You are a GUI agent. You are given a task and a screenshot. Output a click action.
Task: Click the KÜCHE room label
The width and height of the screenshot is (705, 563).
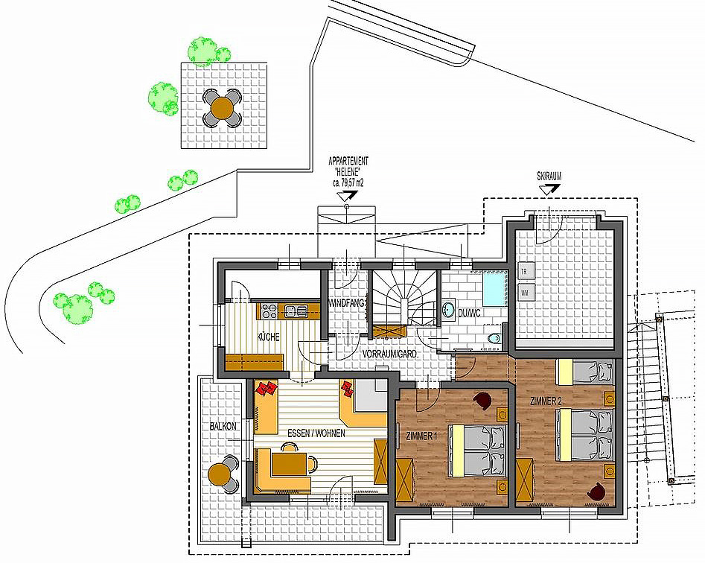pos(268,337)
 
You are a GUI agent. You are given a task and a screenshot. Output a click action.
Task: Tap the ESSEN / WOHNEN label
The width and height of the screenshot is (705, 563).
pos(316,433)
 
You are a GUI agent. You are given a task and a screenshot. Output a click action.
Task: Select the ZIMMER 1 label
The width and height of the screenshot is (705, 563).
pos(421,436)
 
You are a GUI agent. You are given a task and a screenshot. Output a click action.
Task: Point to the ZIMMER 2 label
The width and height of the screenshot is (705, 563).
pos(546,401)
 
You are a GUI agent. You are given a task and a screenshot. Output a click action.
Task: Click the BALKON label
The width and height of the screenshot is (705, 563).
pos(223,426)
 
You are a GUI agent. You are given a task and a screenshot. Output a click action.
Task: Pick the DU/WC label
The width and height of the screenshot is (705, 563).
pos(469,313)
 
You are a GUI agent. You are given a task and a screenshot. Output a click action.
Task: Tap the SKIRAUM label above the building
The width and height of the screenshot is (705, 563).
pos(549,176)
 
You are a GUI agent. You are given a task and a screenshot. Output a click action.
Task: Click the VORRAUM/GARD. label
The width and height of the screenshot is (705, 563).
pos(390,354)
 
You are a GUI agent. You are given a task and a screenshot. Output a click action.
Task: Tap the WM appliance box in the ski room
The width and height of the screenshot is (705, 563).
pos(525,293)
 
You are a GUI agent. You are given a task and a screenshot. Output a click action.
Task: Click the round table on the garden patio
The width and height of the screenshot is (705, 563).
pos(222,107)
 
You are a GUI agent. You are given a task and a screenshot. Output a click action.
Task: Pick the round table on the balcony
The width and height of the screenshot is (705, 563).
pos(220,474)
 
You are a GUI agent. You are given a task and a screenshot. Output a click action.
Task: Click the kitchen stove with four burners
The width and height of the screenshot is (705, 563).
pos(269,310)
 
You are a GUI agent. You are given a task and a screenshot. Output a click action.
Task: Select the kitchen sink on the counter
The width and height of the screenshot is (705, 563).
pos(296,311)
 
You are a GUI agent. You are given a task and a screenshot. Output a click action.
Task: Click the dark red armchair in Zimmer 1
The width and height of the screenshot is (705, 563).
pos(483,400)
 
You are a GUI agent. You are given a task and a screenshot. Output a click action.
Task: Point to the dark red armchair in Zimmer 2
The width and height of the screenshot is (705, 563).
pos(596,491)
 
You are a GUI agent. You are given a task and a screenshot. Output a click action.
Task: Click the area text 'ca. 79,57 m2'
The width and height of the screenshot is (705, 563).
pos(348,182)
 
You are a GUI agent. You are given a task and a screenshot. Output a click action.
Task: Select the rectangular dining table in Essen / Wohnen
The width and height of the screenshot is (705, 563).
pos(289,464)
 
